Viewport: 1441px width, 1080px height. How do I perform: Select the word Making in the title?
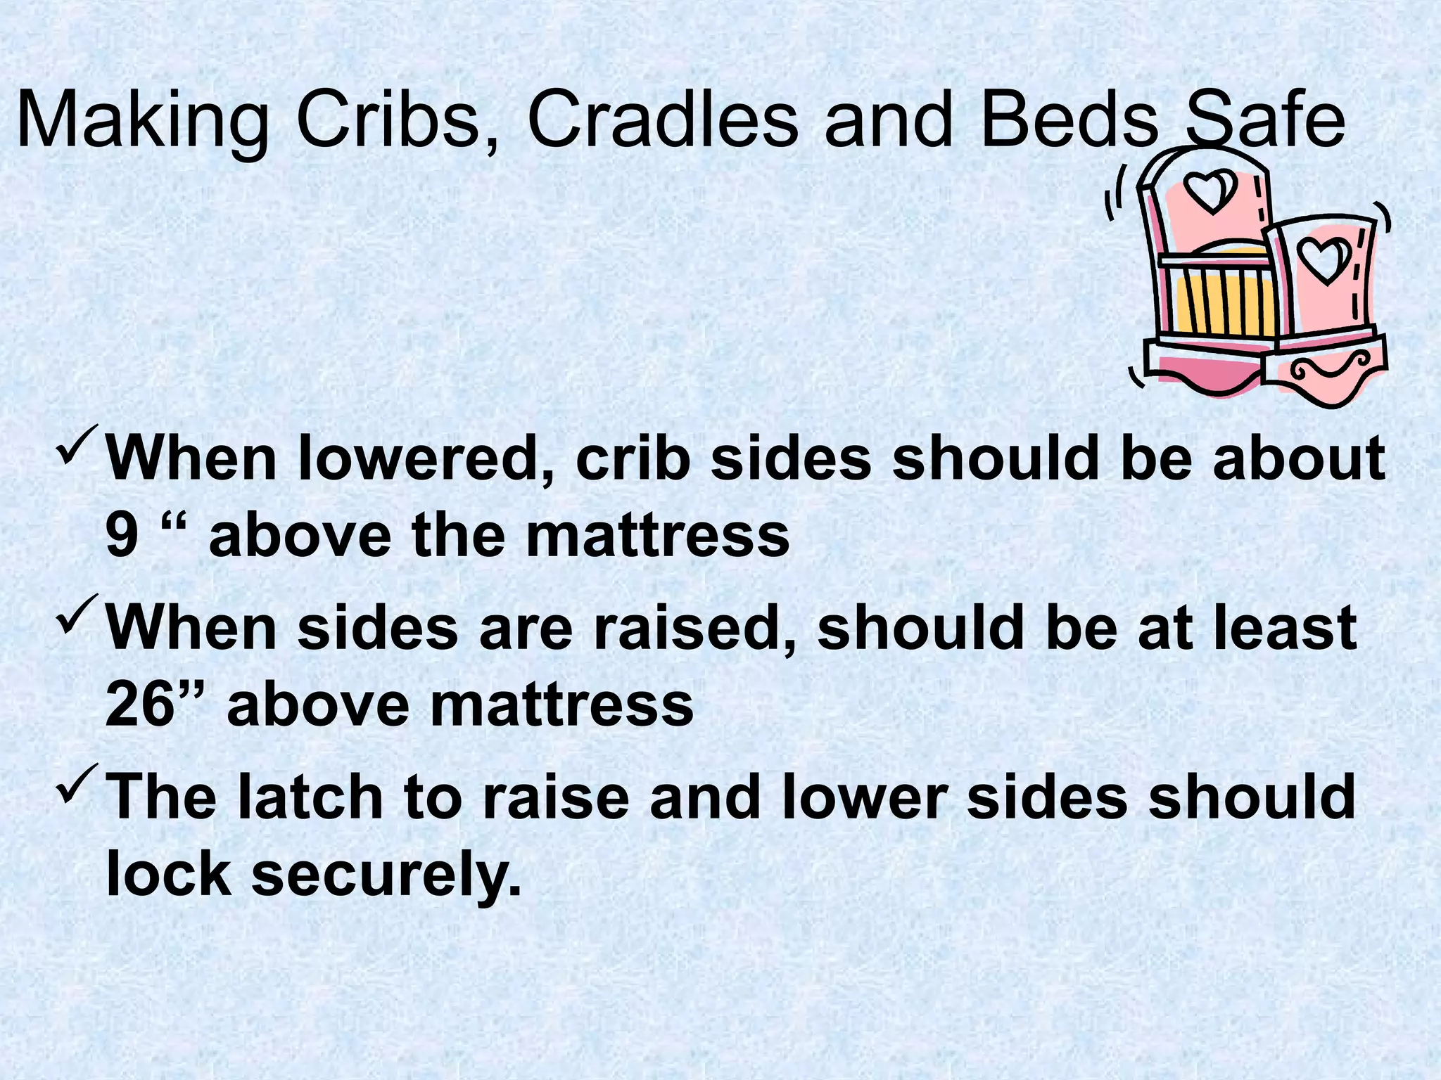(x=141, y=121)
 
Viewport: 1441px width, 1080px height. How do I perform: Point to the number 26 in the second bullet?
(x=139, y=705)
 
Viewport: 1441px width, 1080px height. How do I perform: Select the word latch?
(x=310, y=797)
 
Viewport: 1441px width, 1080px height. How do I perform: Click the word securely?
(x=386, y=875)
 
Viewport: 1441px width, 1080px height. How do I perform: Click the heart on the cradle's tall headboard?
(x=1210, y=191)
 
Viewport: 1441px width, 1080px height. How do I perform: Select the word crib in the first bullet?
(x=630, y=459)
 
